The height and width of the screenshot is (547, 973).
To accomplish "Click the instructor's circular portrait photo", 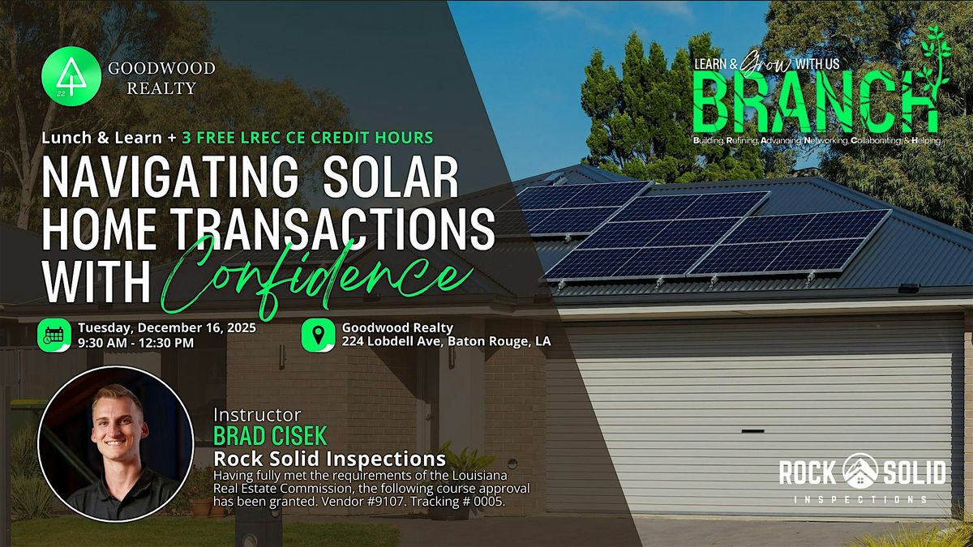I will [115, 443].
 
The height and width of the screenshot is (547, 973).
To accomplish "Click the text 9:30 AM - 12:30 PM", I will [136, 343].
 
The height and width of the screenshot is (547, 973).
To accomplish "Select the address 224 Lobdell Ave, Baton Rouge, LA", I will [446, 342].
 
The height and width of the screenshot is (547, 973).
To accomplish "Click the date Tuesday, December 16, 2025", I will [167, 328].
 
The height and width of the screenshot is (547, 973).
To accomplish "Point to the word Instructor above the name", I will [257, 416].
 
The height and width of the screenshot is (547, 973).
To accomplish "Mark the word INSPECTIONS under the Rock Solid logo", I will [862, 499].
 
